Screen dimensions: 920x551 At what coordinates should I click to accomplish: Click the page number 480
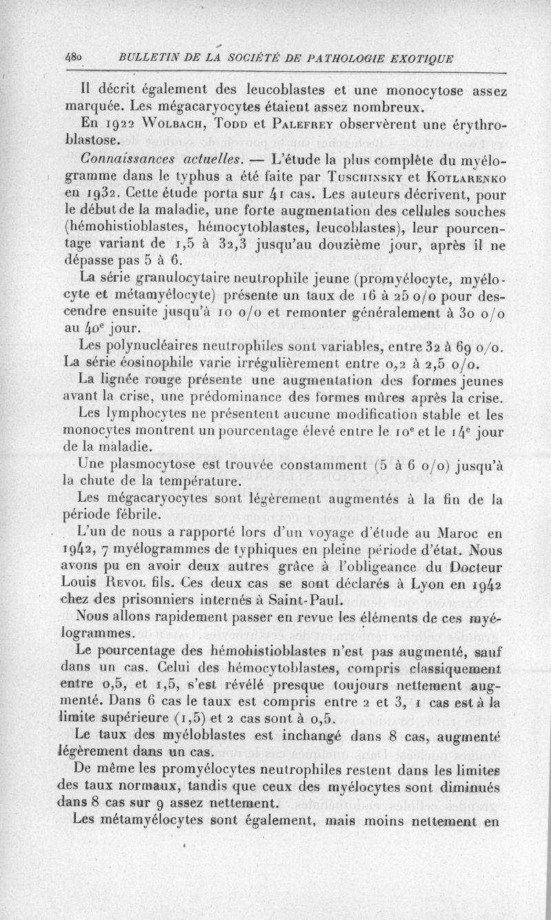(x=74, y=57)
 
